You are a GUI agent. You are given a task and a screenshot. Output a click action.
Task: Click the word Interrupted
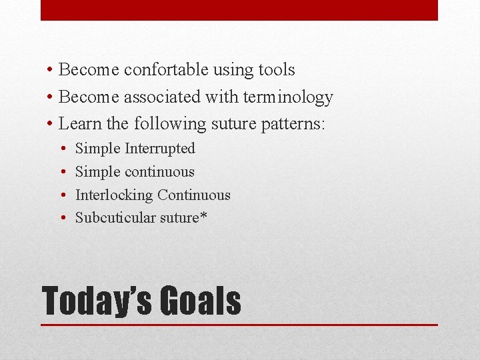[160, 149]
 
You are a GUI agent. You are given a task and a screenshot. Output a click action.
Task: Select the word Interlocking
[113, 195]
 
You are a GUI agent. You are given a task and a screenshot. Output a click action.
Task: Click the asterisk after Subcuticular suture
[203, 216]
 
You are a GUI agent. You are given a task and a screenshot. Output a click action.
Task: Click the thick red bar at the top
[239, 10]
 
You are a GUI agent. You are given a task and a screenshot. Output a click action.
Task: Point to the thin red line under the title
[239, 325]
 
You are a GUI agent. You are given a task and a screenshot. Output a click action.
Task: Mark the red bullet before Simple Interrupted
[61, 149]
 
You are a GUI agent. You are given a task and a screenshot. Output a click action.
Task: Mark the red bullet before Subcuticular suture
[61, 219]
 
